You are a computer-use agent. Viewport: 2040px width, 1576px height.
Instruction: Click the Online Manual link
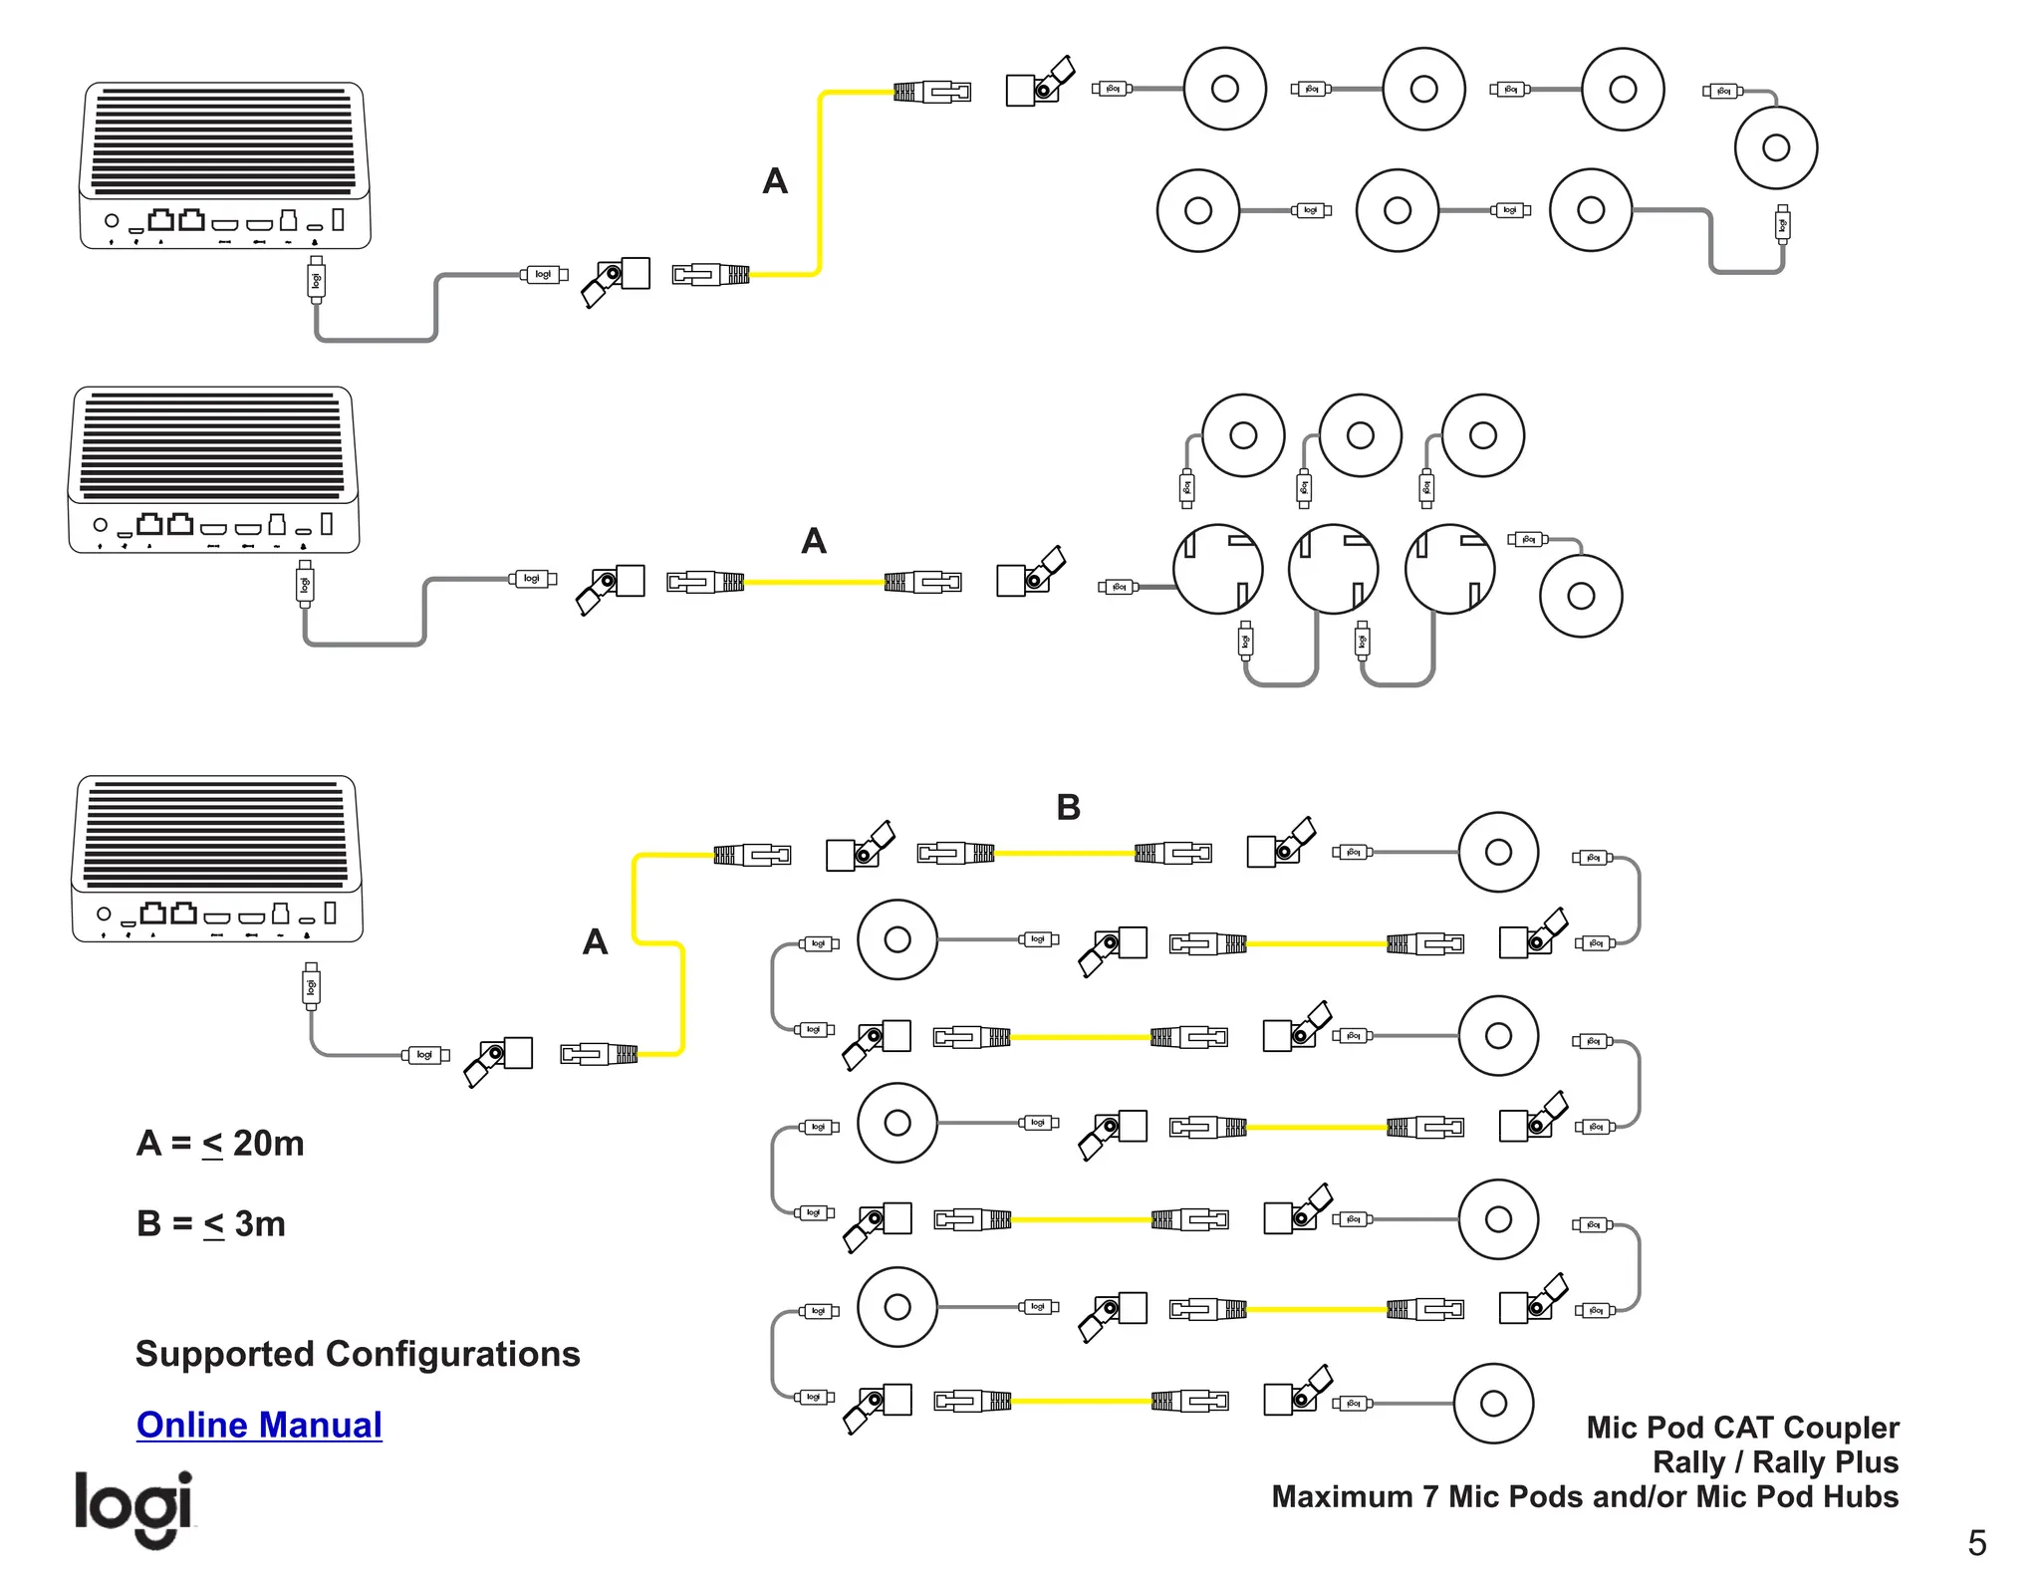pos(259,1425)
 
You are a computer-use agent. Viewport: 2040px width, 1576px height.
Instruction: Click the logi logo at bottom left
pos(133,1506)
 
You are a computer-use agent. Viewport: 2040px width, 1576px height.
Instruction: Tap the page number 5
pos(1976,1542)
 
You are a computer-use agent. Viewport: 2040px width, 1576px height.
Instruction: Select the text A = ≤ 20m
pos(220,1143)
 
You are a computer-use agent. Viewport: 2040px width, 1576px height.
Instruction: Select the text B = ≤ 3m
pos(211,1223)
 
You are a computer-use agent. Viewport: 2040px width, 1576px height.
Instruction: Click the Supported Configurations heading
pos(358,1354)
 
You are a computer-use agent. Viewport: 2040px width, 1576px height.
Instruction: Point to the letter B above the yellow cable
pos(1068,807)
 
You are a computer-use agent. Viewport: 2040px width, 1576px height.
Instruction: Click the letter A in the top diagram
pos(775,181)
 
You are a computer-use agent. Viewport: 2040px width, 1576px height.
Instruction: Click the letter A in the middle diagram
pos(814,541)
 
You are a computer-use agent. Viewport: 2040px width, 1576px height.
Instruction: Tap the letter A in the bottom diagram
pos(595,941)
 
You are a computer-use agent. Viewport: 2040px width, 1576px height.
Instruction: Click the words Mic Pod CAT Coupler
pos(1742,1428)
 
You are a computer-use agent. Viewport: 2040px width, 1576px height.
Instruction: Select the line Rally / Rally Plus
pos(1775,1462)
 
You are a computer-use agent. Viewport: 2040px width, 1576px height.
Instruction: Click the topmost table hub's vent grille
pos(224,139)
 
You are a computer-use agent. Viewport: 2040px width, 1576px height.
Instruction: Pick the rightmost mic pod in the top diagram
pos(1775,148)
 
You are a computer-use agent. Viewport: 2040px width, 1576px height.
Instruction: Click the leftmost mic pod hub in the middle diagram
pos(1217,570)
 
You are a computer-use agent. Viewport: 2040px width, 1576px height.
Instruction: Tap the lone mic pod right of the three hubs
pos(1580,596)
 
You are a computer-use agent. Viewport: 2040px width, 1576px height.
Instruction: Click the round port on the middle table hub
pos(100,524)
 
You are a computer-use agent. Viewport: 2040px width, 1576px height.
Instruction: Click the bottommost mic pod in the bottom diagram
pos(1492,1403)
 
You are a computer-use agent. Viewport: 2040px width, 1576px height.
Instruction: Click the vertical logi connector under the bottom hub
pos(311,986)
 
